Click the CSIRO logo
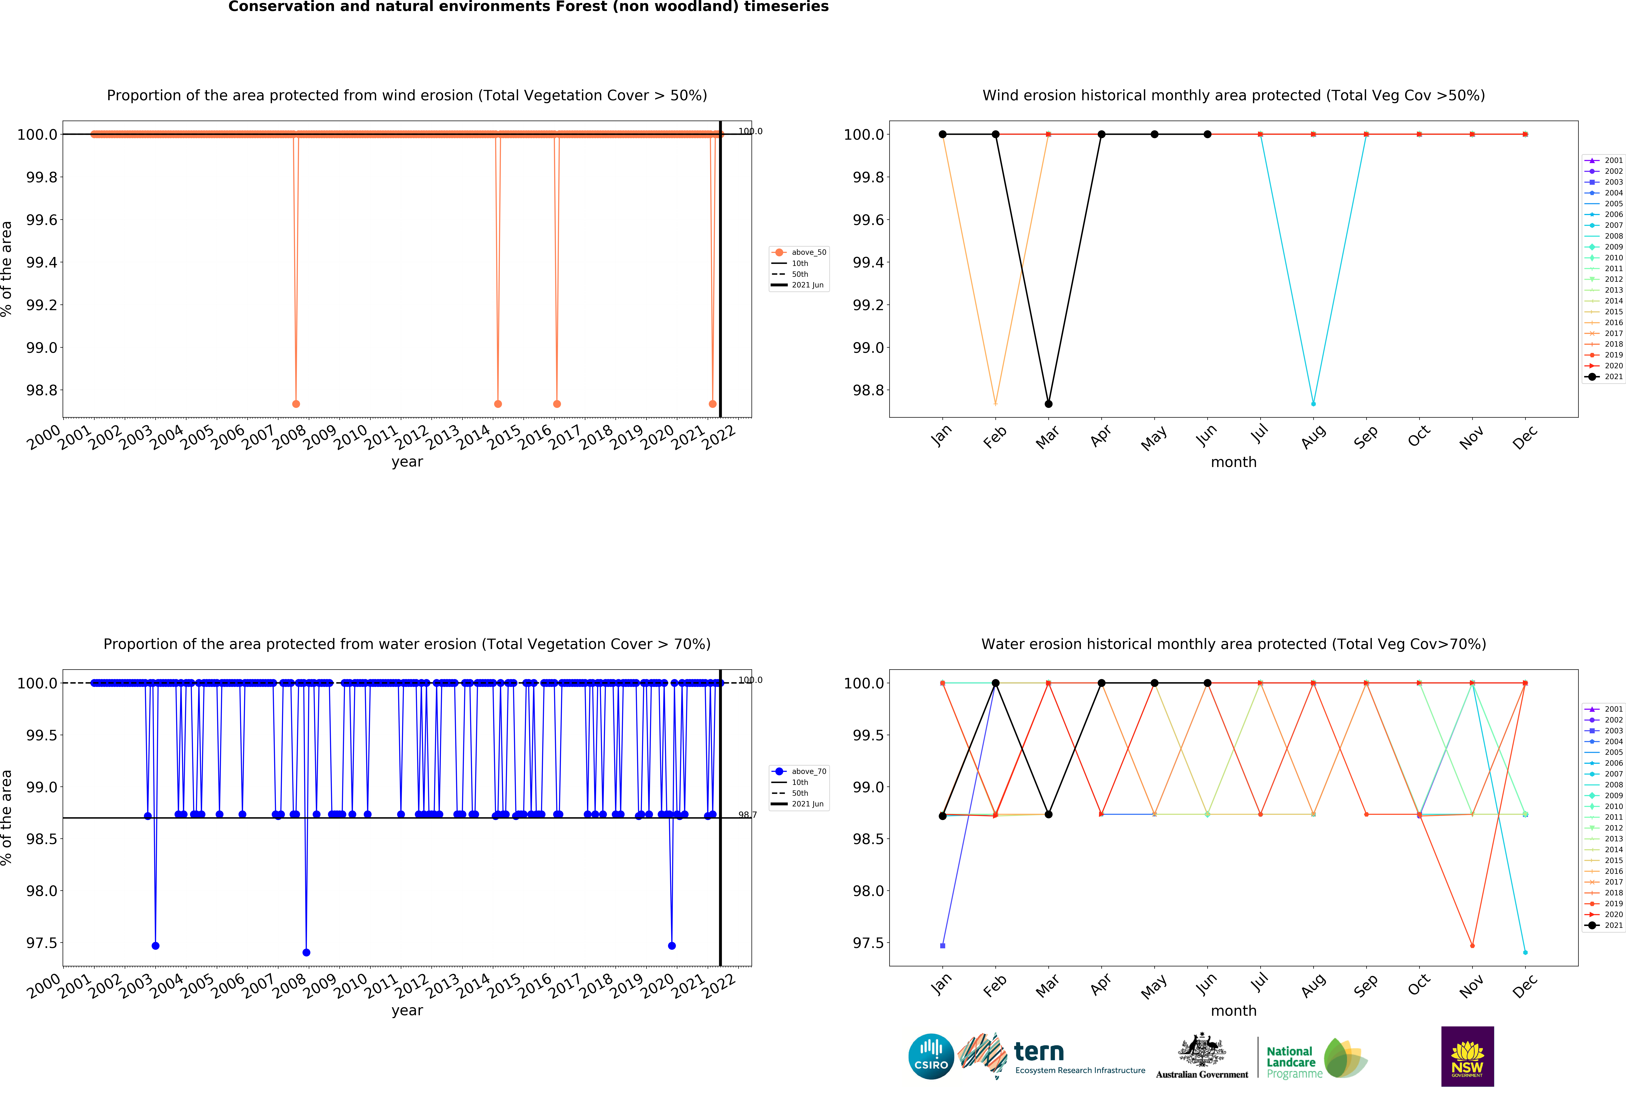[x=931, y=1056]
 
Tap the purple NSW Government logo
[x=1467, y=1056]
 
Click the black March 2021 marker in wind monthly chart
[x=1048, y=404]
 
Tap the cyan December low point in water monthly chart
[x=1525, y=952]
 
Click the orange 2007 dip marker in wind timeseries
[x=296, y=404]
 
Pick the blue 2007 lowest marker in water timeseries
[x=307, y=952]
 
